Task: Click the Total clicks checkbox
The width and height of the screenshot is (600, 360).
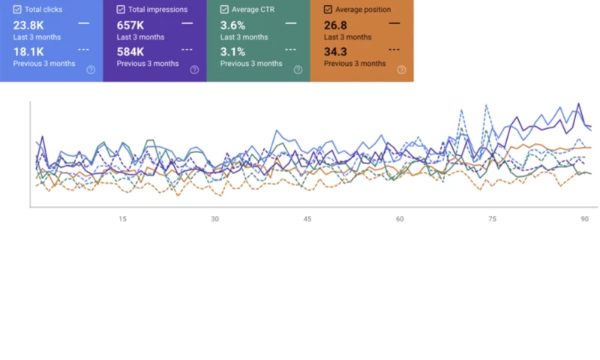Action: click(x=16, y=10)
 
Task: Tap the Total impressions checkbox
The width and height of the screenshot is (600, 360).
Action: click(x=121, y=10)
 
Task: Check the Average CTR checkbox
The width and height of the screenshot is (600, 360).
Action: click(x=224, y=10)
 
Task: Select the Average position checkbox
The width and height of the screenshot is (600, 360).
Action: click(x=328, y=10)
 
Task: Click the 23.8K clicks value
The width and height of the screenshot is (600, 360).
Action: click(x=28, y=25)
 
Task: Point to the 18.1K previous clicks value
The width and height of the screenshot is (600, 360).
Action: click(x=28, y=52)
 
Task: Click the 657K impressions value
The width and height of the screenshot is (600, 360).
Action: click(x=130, y=25)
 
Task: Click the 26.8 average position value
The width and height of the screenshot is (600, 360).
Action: click(x=335, y=25)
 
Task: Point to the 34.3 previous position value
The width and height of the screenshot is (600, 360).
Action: click(x=335, y=52)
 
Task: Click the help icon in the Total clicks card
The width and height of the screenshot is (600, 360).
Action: click(x=91, y=70)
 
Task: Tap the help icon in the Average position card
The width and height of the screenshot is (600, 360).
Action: click(x=401, y=70)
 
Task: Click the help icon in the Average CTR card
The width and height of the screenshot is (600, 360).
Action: click(x=298, y=70)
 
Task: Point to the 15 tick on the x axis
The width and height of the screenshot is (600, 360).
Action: click(x=122, y=219)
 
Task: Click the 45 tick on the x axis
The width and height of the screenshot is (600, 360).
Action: click(x=307, y=219)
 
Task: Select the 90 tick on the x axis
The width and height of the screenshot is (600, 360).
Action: click(x=584, y=219)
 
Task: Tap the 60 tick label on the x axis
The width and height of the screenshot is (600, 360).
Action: click(x=400, y=219)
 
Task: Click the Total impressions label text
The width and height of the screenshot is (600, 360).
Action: click(x=157, y=10)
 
